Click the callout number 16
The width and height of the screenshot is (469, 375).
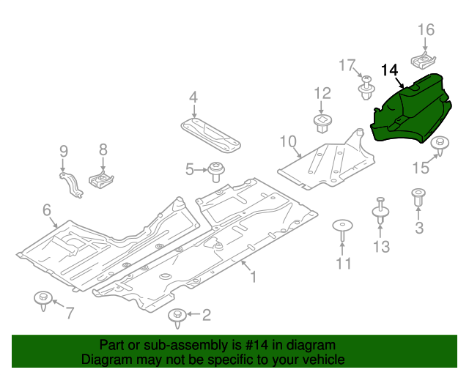[x=426, y=29]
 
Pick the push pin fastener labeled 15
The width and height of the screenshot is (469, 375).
[x=439, y=146]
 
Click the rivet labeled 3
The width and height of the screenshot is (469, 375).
[x=418, y=198]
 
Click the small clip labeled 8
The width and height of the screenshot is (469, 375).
[x=101, y=179]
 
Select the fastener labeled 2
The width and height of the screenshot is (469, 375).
[x=177, y=317]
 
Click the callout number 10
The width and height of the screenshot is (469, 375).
[x=287, y=140]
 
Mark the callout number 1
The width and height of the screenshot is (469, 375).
[x=253, y=277]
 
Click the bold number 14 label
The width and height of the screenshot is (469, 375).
[x=390, y=70]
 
